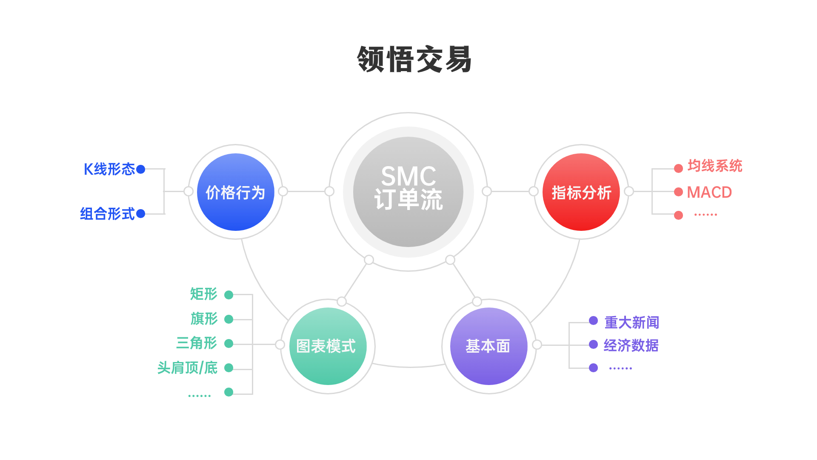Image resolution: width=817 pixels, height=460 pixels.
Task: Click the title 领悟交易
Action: click(414, 60)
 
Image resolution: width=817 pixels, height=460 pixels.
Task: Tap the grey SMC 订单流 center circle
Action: click(408, 192)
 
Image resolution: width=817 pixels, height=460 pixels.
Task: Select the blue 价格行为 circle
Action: click(235, 192)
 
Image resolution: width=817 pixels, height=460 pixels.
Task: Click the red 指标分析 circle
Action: click(581, 192)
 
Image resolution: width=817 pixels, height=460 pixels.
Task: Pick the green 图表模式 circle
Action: click(328, 346)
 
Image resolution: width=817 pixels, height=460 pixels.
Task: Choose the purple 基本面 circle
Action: click(488, 346)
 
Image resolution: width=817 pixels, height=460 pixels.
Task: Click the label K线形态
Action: click(109, 169)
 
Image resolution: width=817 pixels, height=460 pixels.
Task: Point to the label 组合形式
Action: click(107, 213)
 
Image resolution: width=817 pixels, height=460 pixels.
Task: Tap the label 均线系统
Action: click(715, 166)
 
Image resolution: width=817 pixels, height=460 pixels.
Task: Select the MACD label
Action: click(709, 193)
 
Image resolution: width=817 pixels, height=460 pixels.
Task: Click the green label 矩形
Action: click(203, 294)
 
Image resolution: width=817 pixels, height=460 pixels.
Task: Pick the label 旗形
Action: click(204, 319)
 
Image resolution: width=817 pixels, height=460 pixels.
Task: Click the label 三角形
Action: click(197, 343)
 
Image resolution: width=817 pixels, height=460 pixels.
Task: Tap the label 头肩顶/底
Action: click(187, 368)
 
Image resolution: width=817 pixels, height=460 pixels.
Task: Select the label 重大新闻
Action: click(632, 322)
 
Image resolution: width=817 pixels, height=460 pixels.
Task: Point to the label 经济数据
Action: click(631, 345)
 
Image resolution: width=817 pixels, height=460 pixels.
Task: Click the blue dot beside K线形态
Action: click(141, 170)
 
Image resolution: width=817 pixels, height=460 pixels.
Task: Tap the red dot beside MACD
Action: click(678, 192)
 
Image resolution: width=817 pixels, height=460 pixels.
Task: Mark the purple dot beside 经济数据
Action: click(593, 345)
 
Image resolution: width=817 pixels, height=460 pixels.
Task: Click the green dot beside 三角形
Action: click(229, 343)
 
